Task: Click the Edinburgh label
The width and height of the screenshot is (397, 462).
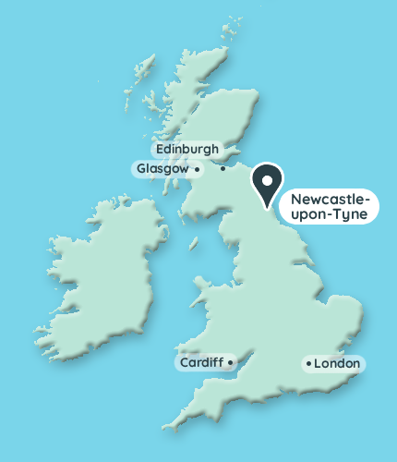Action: click(187, 149)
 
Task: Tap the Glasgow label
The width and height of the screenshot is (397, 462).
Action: click(162, 169)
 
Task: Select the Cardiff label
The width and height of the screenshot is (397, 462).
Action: click(201, 363)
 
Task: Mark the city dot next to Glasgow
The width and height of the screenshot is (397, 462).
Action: click(198, 169)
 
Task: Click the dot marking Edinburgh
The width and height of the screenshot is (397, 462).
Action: click(223, 168)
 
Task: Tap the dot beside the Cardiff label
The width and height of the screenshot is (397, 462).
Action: click(230, 362)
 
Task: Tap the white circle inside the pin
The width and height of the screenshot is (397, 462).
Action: click(269, 178)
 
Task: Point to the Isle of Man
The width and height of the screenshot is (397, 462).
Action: click(193, 242)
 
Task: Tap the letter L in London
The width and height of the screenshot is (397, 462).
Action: click(319, 364)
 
